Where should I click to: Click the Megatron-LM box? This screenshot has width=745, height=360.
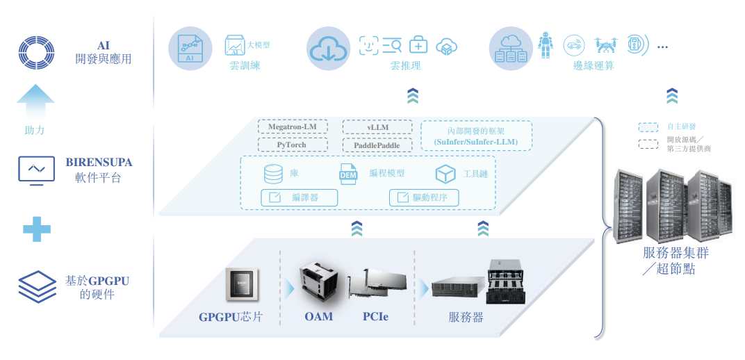[x=292, y=127]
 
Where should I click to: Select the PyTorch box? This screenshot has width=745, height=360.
[x=292, y=145]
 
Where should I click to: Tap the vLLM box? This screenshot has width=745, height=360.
[x=377, y=127]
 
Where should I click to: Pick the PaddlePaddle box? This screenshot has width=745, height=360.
[x=377, y=145]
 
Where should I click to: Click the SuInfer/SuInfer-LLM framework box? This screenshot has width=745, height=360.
[x=476, y=136]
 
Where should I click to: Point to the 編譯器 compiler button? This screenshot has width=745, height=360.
[x=300, y=197]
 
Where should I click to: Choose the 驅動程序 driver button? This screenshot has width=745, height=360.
[x=424, y=197]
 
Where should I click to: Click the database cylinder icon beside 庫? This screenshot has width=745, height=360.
[x=273, y=173]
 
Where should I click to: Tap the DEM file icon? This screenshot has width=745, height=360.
[x=347, y=174]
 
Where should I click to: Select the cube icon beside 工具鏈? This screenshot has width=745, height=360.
[x=445, y=174]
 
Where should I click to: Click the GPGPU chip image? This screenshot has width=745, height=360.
[x=243, y=284]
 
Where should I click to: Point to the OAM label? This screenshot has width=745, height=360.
[x=319, y=316]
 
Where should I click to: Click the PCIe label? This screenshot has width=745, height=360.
[x=375, y=316]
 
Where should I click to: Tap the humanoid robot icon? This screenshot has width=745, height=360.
[x=546, y=44]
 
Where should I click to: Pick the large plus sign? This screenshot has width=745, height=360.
[x=37, y=229]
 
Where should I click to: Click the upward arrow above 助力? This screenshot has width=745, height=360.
[x=35, y=101]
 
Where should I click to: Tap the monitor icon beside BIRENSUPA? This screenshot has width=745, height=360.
[x=36, y=170]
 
